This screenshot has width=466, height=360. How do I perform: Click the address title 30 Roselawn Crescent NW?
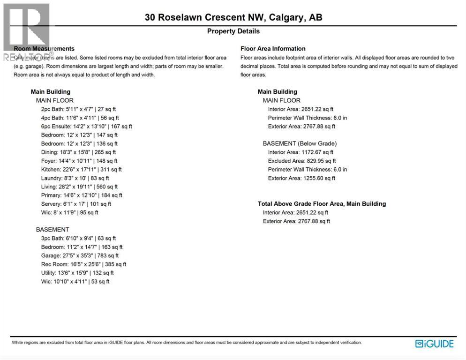click(233, 18)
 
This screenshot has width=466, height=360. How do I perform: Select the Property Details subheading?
click(233, 31)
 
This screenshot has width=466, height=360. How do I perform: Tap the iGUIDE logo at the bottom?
click(435, 344)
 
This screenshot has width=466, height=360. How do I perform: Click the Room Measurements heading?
click(44, 49)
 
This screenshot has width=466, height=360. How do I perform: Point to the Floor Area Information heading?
click(273, 49)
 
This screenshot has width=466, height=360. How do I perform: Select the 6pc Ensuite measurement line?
click(87, 126)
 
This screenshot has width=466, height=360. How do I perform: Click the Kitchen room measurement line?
click(81, 169)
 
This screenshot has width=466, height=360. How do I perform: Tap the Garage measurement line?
click(80, 255)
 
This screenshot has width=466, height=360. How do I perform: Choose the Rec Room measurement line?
click(83, 264)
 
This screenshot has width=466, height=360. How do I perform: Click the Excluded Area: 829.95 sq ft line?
click(301, 161)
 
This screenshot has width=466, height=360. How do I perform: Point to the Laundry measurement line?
click(75, 178)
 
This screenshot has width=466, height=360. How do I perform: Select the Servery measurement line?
click(76, 204)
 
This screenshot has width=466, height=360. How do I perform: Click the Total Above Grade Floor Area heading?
click(322, 204)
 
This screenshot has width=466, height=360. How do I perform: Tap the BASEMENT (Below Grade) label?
click(300, 143)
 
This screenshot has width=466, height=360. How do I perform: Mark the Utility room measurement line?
click(77, 273)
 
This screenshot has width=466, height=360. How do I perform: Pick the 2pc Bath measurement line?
click(78, 109)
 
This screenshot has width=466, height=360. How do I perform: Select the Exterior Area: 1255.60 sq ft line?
click(301, 178)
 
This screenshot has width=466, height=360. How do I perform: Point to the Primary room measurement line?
click(82, 195)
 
